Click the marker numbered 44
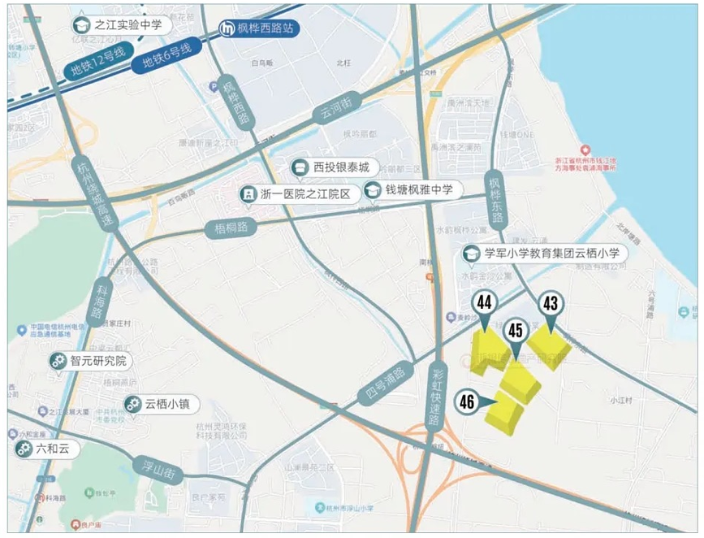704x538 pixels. pos(485,304)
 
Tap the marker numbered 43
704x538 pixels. pos(551,304)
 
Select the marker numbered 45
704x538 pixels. pos(515,330)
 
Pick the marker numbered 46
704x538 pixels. pos(467,401)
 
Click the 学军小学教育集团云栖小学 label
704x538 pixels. pos(549,254)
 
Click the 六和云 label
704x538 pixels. pos(45,449)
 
